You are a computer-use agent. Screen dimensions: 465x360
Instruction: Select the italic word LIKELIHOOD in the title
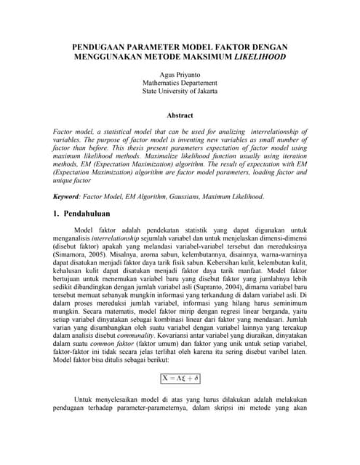[260, 56]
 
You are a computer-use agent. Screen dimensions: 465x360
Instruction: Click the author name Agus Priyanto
[180, 75]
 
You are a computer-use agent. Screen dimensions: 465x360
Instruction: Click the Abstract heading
[180, 116]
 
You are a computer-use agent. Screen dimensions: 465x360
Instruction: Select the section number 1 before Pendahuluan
[57, 216]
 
